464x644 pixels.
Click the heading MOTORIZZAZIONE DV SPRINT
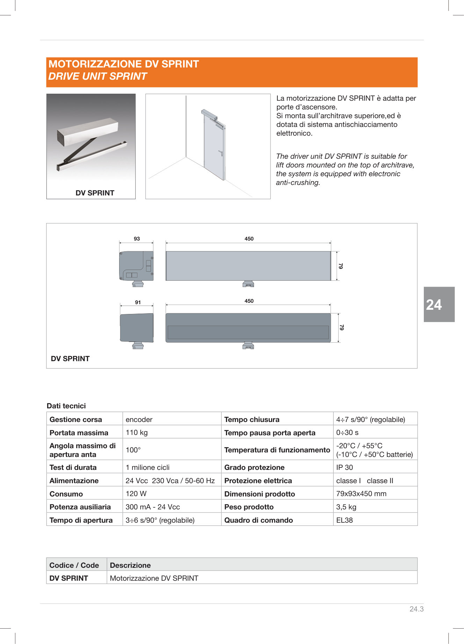pos(124,64)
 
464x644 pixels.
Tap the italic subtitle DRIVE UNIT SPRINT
pos(97,76)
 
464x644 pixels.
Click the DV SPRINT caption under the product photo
pos(95,193)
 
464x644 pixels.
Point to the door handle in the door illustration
pos(220,153)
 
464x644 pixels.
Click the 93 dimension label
pos(137,239)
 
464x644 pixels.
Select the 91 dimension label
pos(138,302)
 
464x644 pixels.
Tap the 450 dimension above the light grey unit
pos(249,239)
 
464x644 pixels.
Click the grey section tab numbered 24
pos(439,305)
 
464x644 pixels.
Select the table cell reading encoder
pos(139,420)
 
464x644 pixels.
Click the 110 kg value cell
pos(137,432)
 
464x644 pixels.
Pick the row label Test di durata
pos(73,467)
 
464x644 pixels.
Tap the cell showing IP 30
pos(345,467)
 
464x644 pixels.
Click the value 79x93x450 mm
pos(361,494)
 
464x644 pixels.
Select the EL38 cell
pos(345,520)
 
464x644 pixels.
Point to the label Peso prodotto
pos(249,507)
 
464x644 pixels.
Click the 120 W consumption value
pos(136,494)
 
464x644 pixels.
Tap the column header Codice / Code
pos(74,565)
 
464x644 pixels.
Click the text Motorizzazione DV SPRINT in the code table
pos(154,578)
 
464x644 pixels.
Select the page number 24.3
pos(416,609)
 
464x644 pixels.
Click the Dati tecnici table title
pos(66,406)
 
